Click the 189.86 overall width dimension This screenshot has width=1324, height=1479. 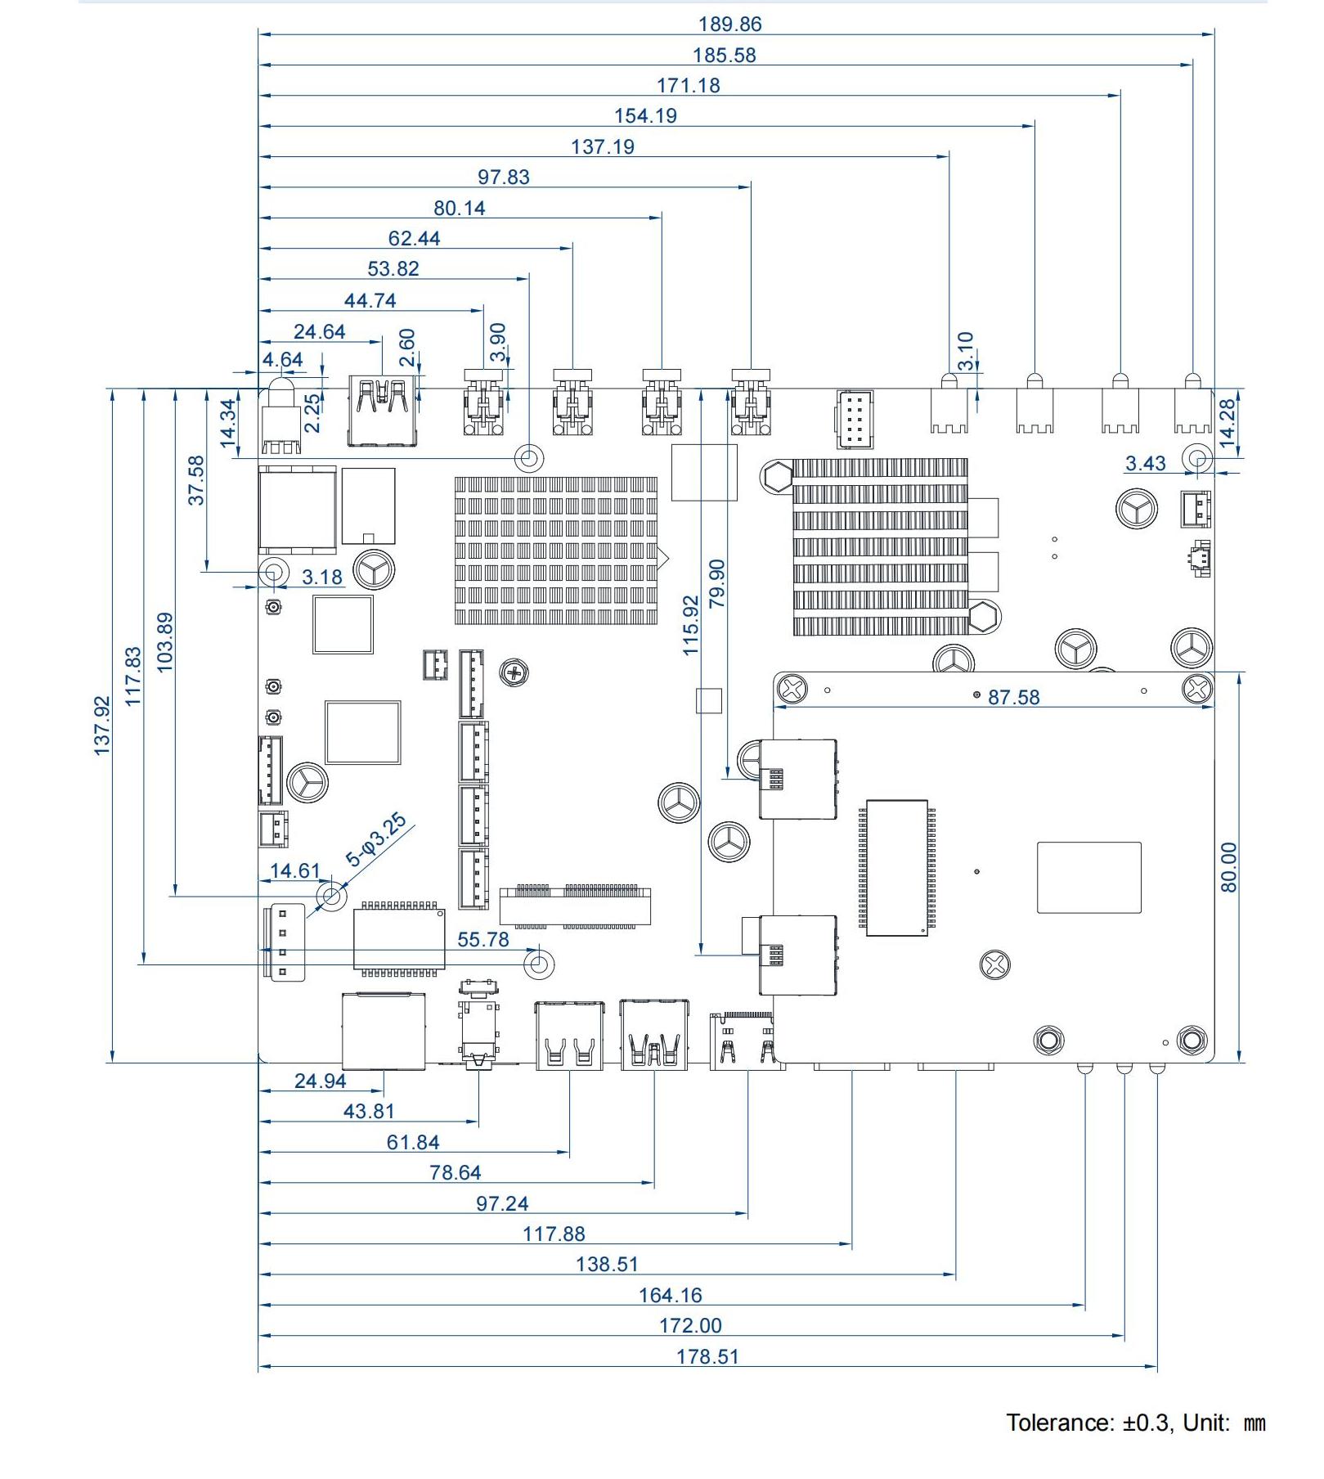729,25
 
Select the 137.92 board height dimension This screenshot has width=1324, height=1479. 101,726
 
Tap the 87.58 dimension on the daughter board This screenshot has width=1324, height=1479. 1013,697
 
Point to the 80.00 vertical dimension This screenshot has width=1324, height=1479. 1228,867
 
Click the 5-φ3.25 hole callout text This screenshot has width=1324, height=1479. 376,839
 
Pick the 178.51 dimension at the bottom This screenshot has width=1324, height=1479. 707,1356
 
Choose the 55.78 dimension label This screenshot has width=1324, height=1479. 482,939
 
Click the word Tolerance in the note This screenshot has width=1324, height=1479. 1059,1423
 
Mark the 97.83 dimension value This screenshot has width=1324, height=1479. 504,178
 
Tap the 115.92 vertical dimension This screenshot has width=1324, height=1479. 691,626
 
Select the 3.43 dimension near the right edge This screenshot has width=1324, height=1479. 1145,464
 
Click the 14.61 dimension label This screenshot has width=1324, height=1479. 295,870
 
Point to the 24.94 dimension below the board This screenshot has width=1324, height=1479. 320,1081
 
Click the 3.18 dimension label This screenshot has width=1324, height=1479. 322,578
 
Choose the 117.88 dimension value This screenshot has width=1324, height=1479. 554,1234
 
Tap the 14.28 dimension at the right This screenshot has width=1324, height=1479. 1228,422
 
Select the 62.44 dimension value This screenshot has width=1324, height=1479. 414,239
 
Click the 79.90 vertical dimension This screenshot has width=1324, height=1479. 717,584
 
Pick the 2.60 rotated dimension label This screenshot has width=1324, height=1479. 407,348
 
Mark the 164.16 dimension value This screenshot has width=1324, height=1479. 670,1295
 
